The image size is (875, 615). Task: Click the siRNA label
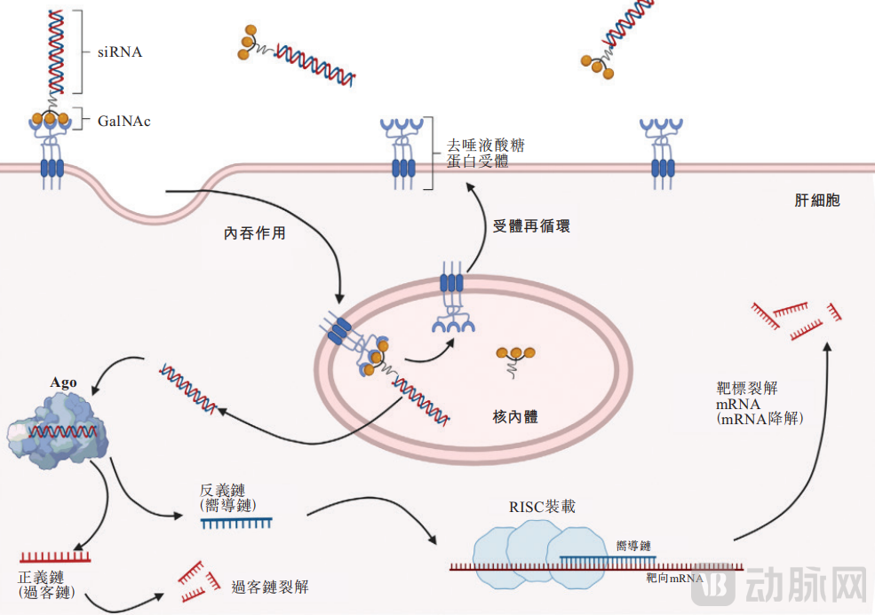[120, 52]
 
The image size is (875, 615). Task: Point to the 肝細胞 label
[816, 201]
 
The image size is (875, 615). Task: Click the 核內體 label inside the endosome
[515, 416]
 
